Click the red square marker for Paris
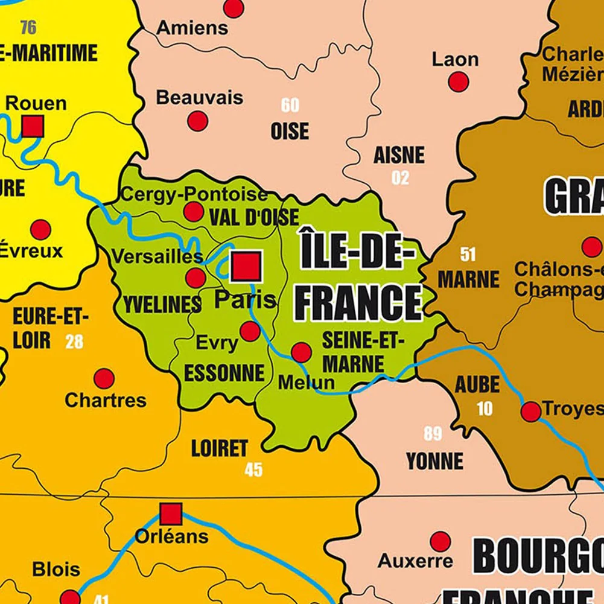click(x=246, y=266)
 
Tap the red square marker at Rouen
click(x=33, y=126)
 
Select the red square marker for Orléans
click(x=171, y=515)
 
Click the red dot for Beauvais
click(x=197, y=121)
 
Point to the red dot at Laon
click(x=459, y=81)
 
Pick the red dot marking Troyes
click(x=531, y=412)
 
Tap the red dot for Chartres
click(x=104, y=379)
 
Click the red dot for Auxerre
click(x=440, y=541)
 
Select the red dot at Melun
click(x=301, y=352)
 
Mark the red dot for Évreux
click(x=40, y=229)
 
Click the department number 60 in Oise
click(x=290, y=105)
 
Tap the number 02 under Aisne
click(x=400, y=178)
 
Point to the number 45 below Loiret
click(x=253, y=469)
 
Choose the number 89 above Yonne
click(x=433, y=434)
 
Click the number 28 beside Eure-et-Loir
click(x=74, y=342)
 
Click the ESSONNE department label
click(x=224, y=374)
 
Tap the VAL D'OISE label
click(x=254, y=217)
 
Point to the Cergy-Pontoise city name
click(x=194, y=194)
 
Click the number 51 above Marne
click(x=468, y=254)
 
